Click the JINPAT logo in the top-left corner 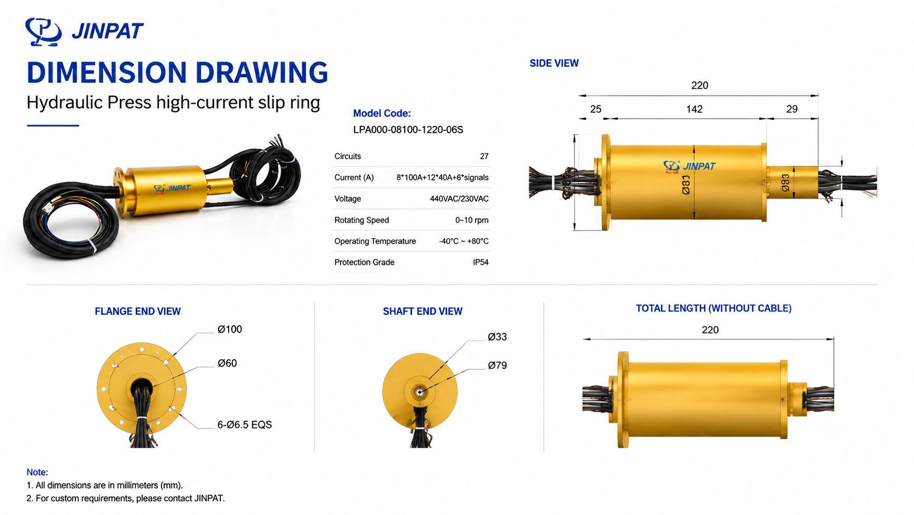coord(85,31)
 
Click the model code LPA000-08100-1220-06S coord(408,130)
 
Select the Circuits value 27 coord(484,157)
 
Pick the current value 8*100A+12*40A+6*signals coord(442,178)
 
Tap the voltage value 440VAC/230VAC coord(459,199)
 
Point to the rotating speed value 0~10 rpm coord(472,220)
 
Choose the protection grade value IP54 coord(481,262)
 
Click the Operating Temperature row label coord(375,241)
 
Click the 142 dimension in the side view coord(694,109)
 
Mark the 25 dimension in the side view coord(595,109)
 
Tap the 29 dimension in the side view coord(792,109)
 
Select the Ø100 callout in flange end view coord(229,329)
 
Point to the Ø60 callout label coord(227,363)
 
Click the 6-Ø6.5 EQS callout coord(244,425)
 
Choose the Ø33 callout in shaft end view coord(497,337)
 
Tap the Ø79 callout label coord(497,366)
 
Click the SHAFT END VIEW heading coord(423,311)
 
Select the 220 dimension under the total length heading coord(710,330)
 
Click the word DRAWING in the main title coord(261,73)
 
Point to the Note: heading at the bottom coord(37,472)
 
